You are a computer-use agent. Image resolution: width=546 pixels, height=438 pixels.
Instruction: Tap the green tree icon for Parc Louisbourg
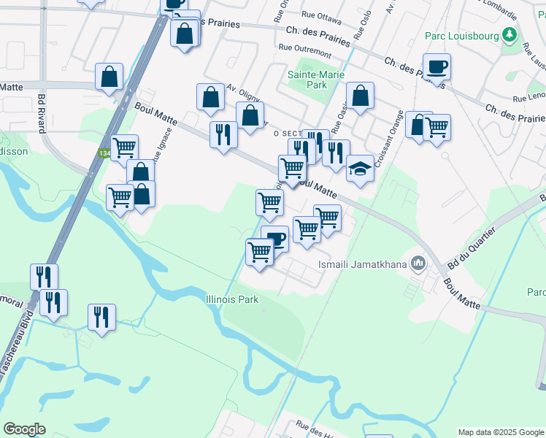click(x=511, y=34)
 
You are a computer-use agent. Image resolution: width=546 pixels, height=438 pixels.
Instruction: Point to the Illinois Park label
click(x=232, y=299)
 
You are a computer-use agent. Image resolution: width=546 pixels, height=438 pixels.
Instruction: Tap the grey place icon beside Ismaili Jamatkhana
click(x=418, y=263)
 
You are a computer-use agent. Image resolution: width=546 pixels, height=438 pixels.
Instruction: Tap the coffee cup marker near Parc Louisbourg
click(x=437, y=68)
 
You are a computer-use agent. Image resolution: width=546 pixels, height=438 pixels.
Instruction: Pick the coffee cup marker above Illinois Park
click(x=275, y=239)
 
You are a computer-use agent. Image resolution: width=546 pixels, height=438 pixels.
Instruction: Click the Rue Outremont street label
click(x=305, y=51)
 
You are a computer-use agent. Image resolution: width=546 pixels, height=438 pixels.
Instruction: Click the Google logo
click(x=25, y=429)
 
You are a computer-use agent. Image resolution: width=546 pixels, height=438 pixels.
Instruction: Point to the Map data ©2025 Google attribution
click(x=500, y=432)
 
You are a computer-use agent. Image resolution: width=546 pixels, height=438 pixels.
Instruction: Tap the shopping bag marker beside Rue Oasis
click(x=360, y=96)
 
